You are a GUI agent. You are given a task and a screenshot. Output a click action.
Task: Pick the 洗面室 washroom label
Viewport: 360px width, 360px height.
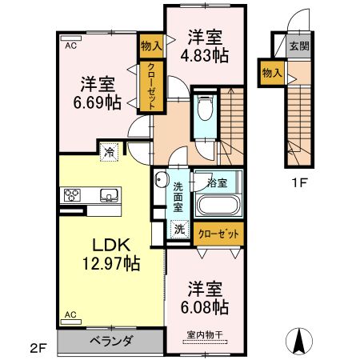[x=178, y=197]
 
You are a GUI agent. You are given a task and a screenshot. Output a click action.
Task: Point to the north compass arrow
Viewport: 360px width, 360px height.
[x=301, y=340]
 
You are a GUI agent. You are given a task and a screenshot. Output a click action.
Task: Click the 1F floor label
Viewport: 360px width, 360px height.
[x=299, y=182]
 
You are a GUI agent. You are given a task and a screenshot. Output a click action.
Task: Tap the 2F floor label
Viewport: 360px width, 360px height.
[x=39, y=346]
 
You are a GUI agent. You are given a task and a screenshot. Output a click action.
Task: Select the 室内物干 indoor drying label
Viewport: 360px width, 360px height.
[x=206, y=334]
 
